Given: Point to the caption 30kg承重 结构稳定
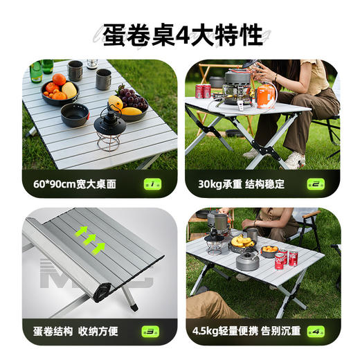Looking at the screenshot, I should coord(241,184).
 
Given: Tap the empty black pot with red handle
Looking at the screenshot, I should coord(75,114).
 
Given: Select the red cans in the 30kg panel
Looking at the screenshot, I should coord(203,91).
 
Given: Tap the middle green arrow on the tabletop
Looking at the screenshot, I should coord(90,240).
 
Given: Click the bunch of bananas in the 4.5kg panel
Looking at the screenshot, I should coord(242,242).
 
